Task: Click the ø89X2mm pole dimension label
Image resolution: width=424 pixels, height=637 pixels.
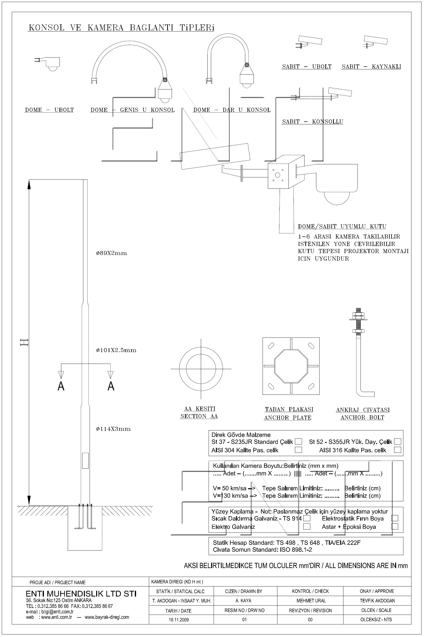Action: [111, 253]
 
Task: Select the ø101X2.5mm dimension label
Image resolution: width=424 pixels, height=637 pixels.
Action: [116, 350]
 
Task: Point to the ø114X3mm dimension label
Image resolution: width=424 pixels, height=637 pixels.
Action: [113, 429]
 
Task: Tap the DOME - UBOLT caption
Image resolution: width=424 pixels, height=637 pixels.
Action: [49, 110]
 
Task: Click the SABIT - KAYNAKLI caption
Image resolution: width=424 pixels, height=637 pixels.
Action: [371, 67]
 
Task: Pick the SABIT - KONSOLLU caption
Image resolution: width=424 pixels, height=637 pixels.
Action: [313, 122]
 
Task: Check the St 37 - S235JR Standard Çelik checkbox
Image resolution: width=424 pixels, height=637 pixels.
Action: [298, 442]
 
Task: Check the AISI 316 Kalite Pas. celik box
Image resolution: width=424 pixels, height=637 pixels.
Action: [397, 450]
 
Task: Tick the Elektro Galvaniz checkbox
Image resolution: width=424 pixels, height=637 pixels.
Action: [307, 526]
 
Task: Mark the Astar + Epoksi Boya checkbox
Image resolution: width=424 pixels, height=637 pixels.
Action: [395, 526]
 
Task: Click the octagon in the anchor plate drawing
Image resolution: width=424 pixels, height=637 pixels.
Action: [291, 366]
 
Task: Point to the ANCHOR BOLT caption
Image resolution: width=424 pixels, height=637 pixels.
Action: [362, 418]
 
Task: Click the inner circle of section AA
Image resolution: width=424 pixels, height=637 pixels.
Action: [201, 369]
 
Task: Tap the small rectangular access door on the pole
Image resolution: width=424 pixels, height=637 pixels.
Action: [85, 461]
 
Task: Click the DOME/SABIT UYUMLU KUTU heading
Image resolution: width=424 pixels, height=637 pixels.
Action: [342, 226]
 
